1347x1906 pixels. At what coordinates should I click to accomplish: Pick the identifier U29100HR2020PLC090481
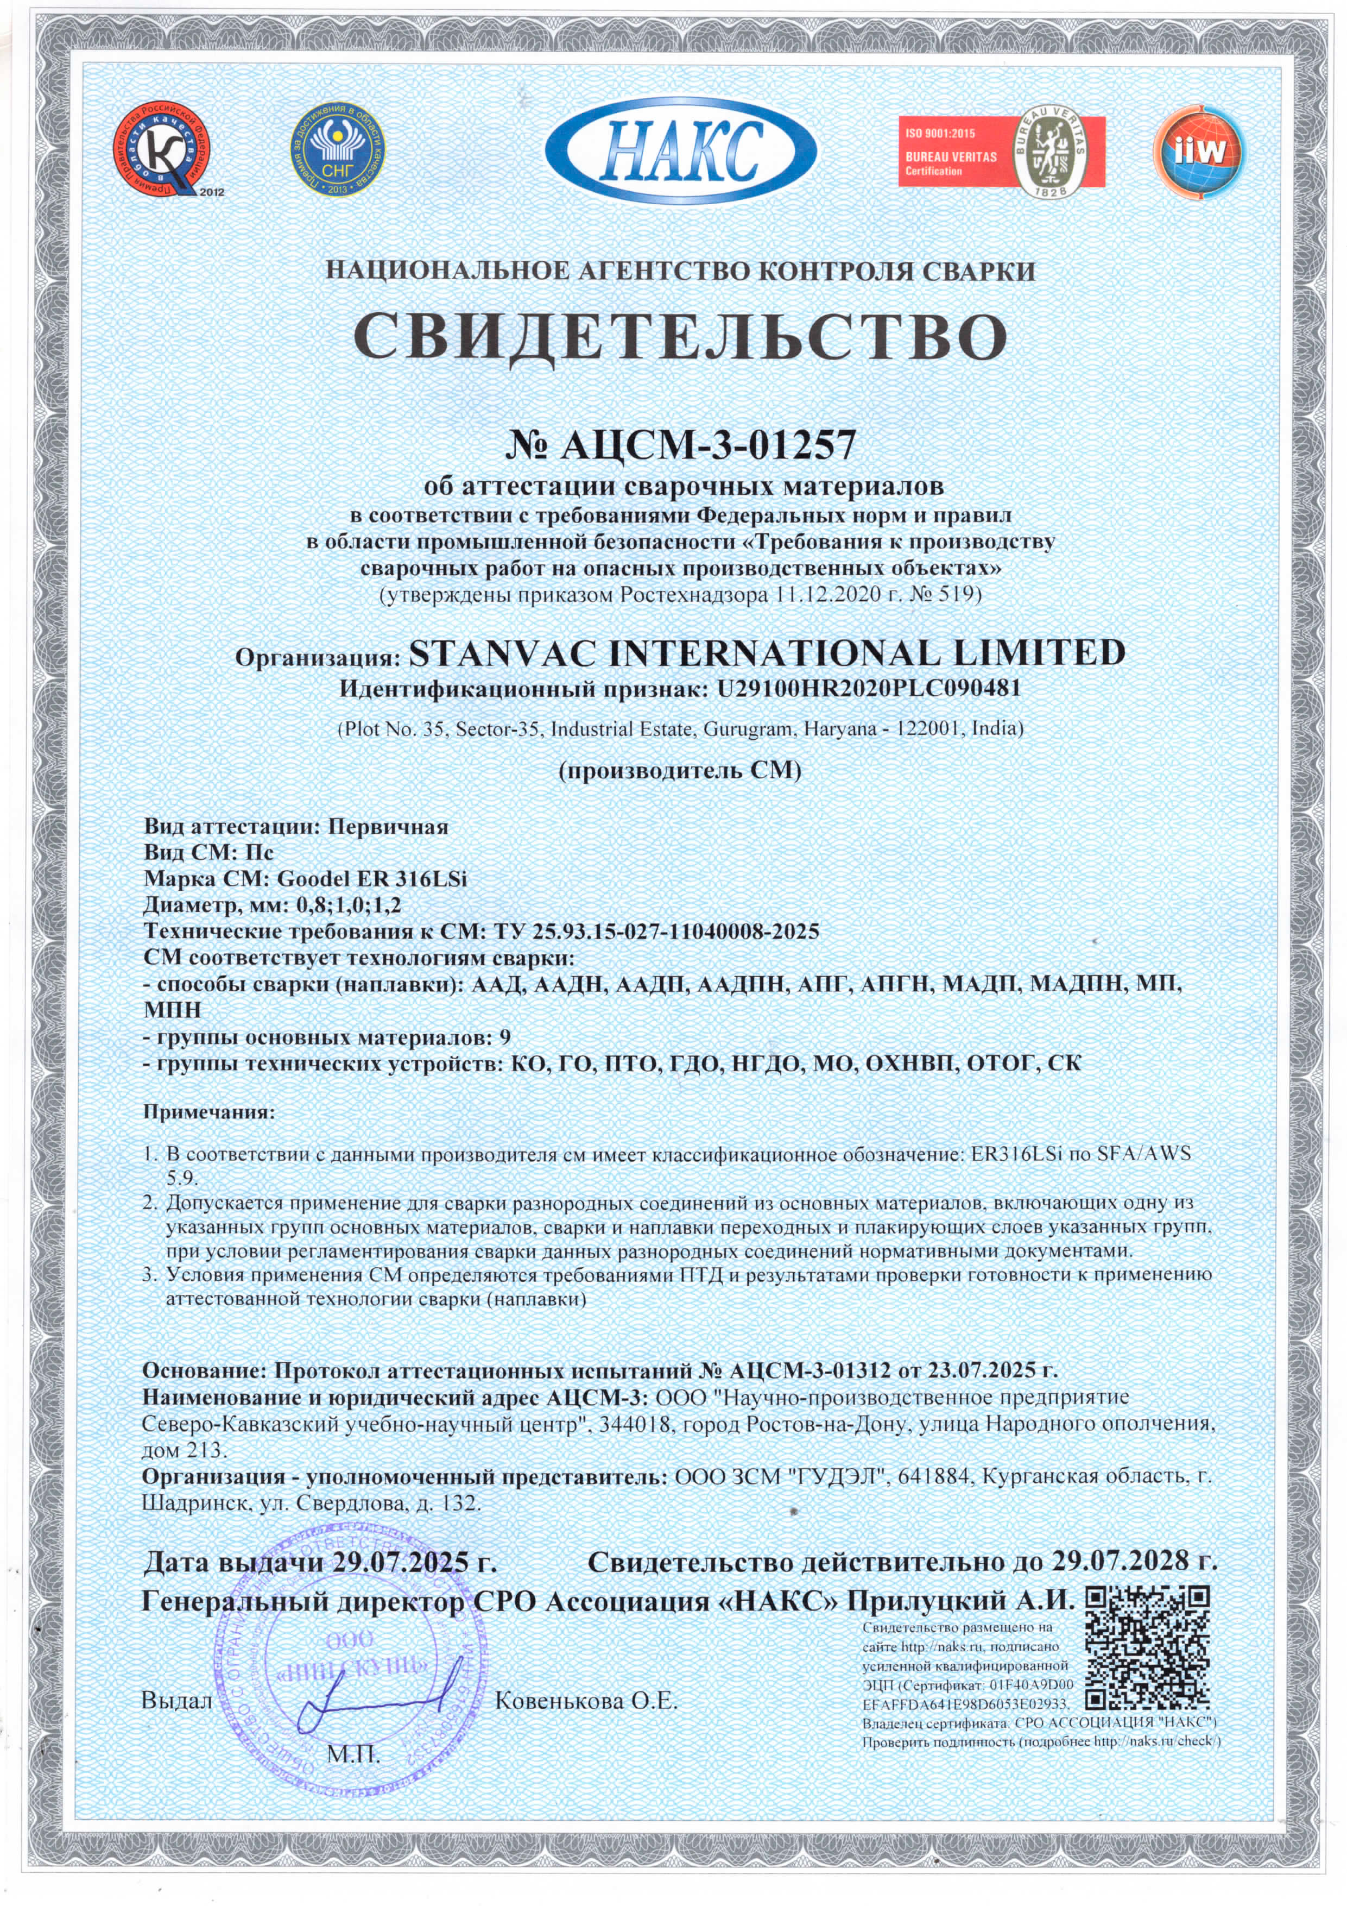coord(863,690)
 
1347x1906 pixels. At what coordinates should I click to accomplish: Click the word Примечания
coord(208,1111)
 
